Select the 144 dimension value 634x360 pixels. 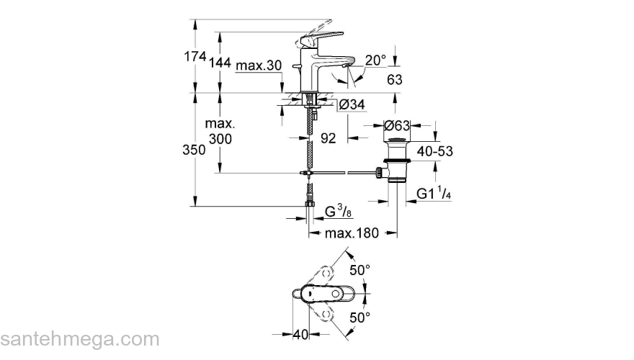tap(220, 64)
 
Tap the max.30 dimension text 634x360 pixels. tap(259, 66)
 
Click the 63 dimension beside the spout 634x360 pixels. tap(394, 79)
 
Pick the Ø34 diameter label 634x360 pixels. tap(352, 105)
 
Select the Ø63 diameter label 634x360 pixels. tap(396, 125)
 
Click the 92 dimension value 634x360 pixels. tap(328, 138)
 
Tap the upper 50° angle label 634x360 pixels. tap(360, 271)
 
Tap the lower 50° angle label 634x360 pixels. tap(360, 317)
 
